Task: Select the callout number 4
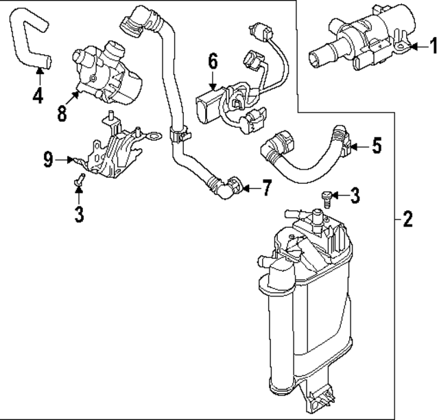38,95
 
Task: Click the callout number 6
213,62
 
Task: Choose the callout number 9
47,160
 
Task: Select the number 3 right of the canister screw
354,196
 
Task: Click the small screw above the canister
327,198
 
